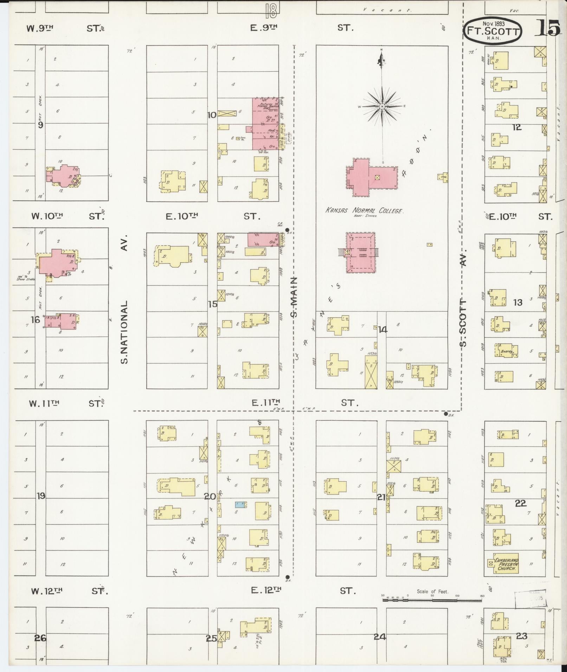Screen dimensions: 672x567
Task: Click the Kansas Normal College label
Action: [364, 211]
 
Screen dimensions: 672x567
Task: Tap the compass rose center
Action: [382, 106]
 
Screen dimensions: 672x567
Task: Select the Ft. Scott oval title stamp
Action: [492, 31]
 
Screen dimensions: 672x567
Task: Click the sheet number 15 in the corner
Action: [547, 28]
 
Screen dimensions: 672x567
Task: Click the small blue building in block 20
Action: [241, 505]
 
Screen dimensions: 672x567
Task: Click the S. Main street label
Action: [294, 297]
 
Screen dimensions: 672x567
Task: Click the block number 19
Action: [41, 496]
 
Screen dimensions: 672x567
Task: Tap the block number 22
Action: [521, 503]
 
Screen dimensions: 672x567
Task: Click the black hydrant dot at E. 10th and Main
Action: [287, 229]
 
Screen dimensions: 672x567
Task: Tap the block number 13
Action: [518, 302]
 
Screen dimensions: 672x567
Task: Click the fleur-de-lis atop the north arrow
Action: [382, 61]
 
